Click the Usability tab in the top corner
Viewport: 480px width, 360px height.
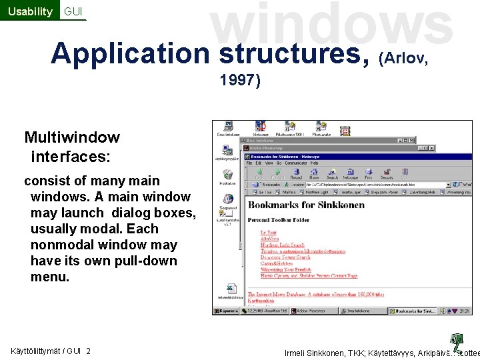tap(29, 11)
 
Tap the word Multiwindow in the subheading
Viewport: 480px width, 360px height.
tap(72, 138)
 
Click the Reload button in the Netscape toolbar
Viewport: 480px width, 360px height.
tap(295, 174)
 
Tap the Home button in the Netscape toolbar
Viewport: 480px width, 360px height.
tap(314, 174)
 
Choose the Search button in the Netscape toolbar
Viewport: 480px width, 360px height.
tap(332, 174)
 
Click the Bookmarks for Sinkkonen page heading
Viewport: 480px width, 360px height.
tap(306, 205)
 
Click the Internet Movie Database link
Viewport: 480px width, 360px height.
tap(280, 294)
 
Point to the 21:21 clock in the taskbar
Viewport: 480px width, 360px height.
tap(465, 311)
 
